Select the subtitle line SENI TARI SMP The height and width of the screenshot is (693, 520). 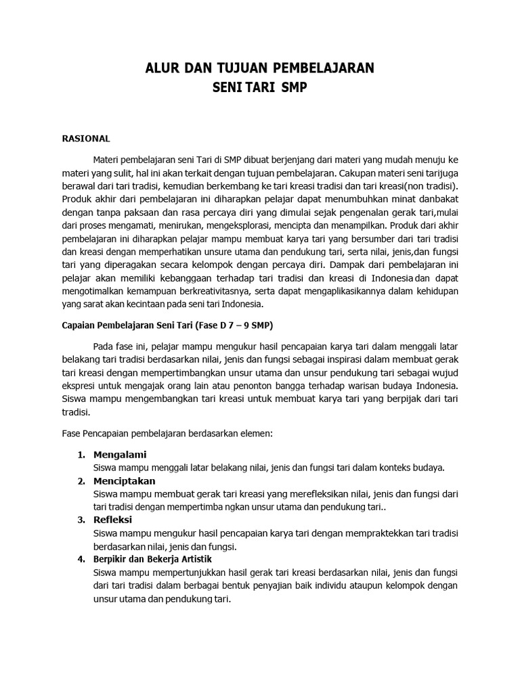(260, 88)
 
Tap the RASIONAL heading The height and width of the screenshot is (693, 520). (85, 139)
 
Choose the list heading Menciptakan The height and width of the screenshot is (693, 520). (125, 481)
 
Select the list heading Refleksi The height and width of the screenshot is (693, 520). (113, 520)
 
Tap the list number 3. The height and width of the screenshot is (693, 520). (81, 520)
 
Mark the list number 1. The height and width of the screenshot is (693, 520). (81, 454)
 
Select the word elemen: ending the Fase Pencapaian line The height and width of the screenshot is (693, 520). (253, 431)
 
